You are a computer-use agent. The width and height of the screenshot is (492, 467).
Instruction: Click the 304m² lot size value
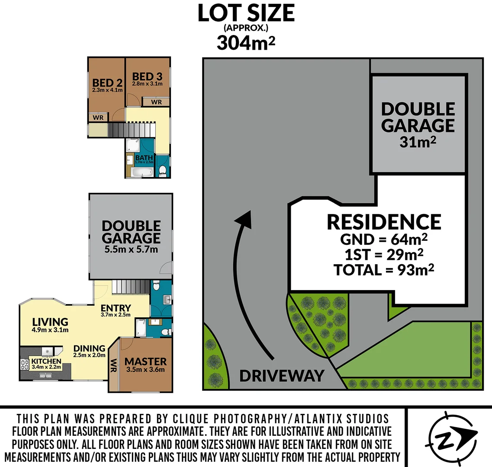[x=246, y=43]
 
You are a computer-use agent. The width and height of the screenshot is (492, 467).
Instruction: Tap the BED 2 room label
[x=107, y=83]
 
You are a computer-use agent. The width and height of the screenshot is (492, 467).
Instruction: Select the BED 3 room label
[x=147, y=77]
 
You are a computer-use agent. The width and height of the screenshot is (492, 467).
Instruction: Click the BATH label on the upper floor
[x=144, y=158]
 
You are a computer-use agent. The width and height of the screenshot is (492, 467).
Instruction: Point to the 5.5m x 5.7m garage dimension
[x=131, y=249]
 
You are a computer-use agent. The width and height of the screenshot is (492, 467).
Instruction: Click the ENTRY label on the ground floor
[x=116, y=308]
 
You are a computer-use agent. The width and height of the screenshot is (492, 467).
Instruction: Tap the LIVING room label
[x=50, y=322]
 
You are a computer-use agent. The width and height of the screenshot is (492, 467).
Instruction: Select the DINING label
[x=89, y=348]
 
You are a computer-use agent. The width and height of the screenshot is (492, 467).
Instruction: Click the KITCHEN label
[x=46, y=361]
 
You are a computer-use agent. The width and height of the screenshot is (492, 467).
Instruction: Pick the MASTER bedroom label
[x=145, y=361]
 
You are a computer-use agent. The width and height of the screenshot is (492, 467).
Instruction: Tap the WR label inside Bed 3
[x=157, y=102]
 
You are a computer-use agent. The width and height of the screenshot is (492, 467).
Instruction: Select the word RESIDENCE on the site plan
[x=383, y=222]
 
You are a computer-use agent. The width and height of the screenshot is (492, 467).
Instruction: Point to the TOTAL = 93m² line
[x=383, y=270]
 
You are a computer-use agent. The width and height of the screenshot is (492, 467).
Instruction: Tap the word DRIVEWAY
[x=282, y=376]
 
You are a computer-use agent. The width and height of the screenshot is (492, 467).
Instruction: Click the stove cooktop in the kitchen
[x=25, y=365]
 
